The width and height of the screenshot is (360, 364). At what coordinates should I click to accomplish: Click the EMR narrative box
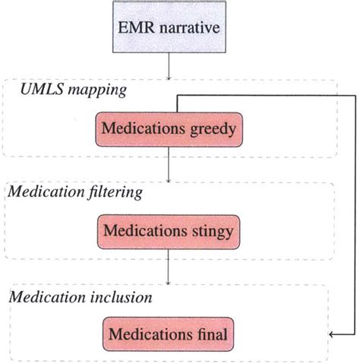click(x=167, y=31)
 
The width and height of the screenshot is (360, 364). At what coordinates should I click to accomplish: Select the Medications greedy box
click(x=167, y=130)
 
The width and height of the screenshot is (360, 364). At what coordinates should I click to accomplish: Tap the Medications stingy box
click(x=167, y=230)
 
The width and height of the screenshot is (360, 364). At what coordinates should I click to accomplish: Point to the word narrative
click(x=185, y=31)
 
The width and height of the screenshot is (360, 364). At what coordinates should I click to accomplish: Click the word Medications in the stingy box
click(x=146, y=230)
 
